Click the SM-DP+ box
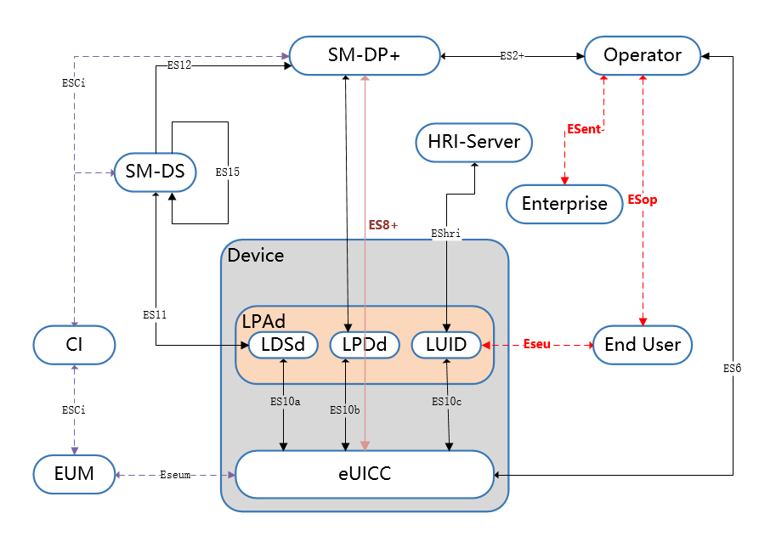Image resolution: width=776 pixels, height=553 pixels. [365, 55]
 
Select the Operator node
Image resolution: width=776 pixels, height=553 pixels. [643, 55]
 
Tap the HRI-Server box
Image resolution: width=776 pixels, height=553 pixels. [473, 142]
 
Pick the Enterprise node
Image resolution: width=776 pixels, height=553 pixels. [564, 204]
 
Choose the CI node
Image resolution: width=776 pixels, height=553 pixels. [74, 344]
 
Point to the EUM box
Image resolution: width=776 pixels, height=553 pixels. [74, 474]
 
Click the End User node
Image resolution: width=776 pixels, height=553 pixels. [643, 344]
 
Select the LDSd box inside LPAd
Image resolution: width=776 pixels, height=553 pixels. [283, 345]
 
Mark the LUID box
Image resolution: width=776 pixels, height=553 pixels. [445, 345]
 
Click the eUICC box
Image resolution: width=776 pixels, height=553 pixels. [365, 474]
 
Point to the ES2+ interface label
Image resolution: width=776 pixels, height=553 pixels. [512, 55]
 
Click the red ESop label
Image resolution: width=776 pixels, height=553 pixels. [643, 200]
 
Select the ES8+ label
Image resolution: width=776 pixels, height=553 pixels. [382, 225]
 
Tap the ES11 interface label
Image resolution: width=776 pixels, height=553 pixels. [156, 314]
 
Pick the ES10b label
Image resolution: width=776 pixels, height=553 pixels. [344, 409]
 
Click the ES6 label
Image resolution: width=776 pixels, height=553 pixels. [733, 369]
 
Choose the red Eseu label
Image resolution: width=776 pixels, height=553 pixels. [537, 345]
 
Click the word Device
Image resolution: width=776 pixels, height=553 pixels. [256, 255]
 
